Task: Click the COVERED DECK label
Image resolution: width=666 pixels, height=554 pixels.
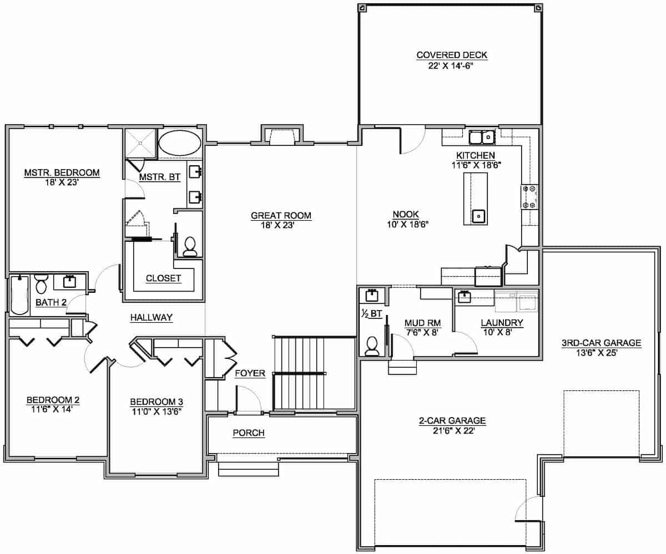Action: [x=452, y=55]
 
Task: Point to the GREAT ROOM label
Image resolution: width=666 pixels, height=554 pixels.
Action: [x=281, y=216]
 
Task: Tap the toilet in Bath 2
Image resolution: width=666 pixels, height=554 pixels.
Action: [x=41, y=284]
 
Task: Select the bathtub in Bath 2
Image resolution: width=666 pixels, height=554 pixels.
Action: [x=19, y=295]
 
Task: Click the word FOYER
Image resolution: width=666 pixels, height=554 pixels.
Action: [x=250, y=374]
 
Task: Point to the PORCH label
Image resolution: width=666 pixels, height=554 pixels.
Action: [x=248, y=433]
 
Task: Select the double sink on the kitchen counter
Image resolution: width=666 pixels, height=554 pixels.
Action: [x=481, y=136]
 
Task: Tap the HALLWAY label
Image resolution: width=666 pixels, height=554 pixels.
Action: [x=152, y=318]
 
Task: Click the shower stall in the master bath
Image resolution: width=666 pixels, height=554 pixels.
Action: [x=140, y=143]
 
